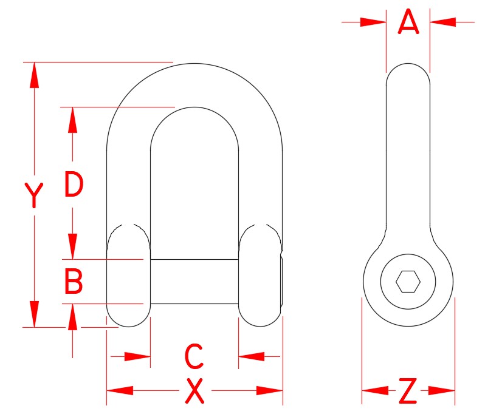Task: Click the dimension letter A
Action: point(408,22)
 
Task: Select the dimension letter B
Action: point(73,282)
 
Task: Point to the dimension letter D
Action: point(73,185)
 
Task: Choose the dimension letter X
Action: point(194,392)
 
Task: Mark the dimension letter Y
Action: point(35,194)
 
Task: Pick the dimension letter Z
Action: point(408,392)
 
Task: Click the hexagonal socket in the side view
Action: point(408,282)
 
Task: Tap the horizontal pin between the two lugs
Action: point(194,282)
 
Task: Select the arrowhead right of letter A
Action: point(443,22)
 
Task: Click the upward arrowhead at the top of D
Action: point(73,120)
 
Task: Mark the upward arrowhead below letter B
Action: point(73,316)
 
